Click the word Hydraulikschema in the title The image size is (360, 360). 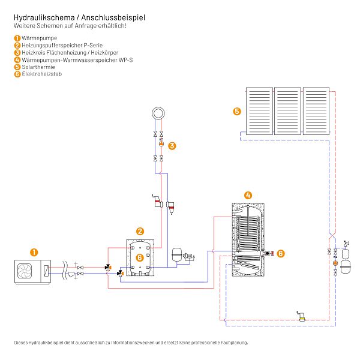(44, 17)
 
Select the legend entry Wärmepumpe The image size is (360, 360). (39, 38)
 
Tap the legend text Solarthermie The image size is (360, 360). (38, 67)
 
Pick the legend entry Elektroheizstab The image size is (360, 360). (42, 74)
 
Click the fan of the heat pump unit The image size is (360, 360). (25, 271)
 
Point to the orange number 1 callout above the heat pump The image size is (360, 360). (34, 253)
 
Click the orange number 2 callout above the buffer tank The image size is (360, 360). (140, 232)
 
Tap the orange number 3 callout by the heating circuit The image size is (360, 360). (172, 146)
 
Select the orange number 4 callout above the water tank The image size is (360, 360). (248, 196)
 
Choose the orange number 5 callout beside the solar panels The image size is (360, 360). (237, 112)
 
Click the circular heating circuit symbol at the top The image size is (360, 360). (158, 113)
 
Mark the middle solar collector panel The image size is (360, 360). (287, 111)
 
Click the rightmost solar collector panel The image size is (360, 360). (316, 111)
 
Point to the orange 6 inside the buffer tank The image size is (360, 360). (140, 257)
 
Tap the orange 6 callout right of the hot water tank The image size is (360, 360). (281, 253)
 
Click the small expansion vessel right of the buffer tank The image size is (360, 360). (177, 254)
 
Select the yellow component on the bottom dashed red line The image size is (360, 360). (302, 318)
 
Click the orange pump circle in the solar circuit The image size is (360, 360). (335, 263)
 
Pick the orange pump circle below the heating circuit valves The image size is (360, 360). (161, 144)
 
